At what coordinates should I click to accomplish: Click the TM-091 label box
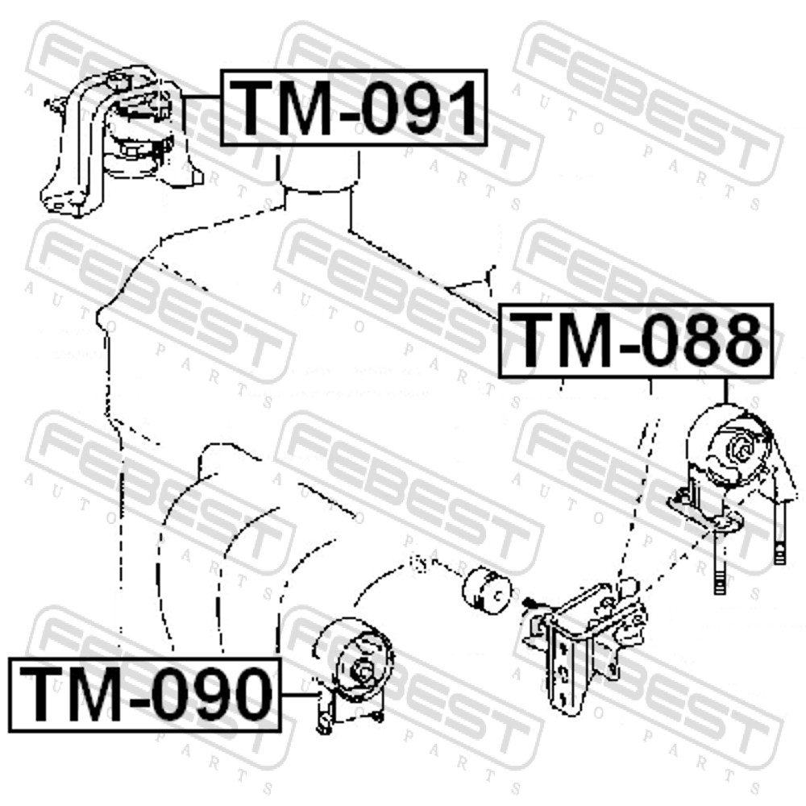354,108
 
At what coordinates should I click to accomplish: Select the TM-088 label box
636,341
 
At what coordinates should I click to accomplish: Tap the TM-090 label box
145,694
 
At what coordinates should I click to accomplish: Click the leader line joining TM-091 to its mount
201,97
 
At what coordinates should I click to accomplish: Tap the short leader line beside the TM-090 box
299,695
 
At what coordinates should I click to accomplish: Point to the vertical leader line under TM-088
726,391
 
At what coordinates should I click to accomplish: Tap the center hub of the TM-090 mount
363,671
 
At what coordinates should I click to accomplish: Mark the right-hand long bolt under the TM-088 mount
779,534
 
